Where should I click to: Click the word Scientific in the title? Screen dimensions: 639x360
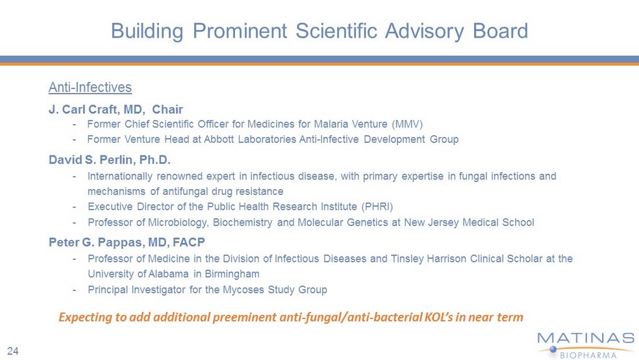(x=336, y=31)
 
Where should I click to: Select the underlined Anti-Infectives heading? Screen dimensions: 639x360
(x=90, y=87)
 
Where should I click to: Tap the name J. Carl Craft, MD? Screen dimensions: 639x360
(x=95, y=110)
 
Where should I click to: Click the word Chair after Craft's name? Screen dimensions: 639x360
(x=168, y=109)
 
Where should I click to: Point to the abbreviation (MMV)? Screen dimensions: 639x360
(x=408, y=124)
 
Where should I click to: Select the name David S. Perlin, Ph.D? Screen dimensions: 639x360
(x=110, y=159)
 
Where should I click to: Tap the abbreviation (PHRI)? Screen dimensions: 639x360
(x=377, y=207)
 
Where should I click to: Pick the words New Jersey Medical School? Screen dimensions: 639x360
(x=469, y=223)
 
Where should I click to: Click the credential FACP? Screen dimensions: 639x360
(x=189, y=242)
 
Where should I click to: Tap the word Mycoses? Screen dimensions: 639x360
(x=244, y=290)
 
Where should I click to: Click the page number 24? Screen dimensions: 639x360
(x=12, y=351)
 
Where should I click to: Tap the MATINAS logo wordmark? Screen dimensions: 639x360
(x=586, y=338)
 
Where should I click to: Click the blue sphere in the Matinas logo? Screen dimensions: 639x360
(x=553, y=350)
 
